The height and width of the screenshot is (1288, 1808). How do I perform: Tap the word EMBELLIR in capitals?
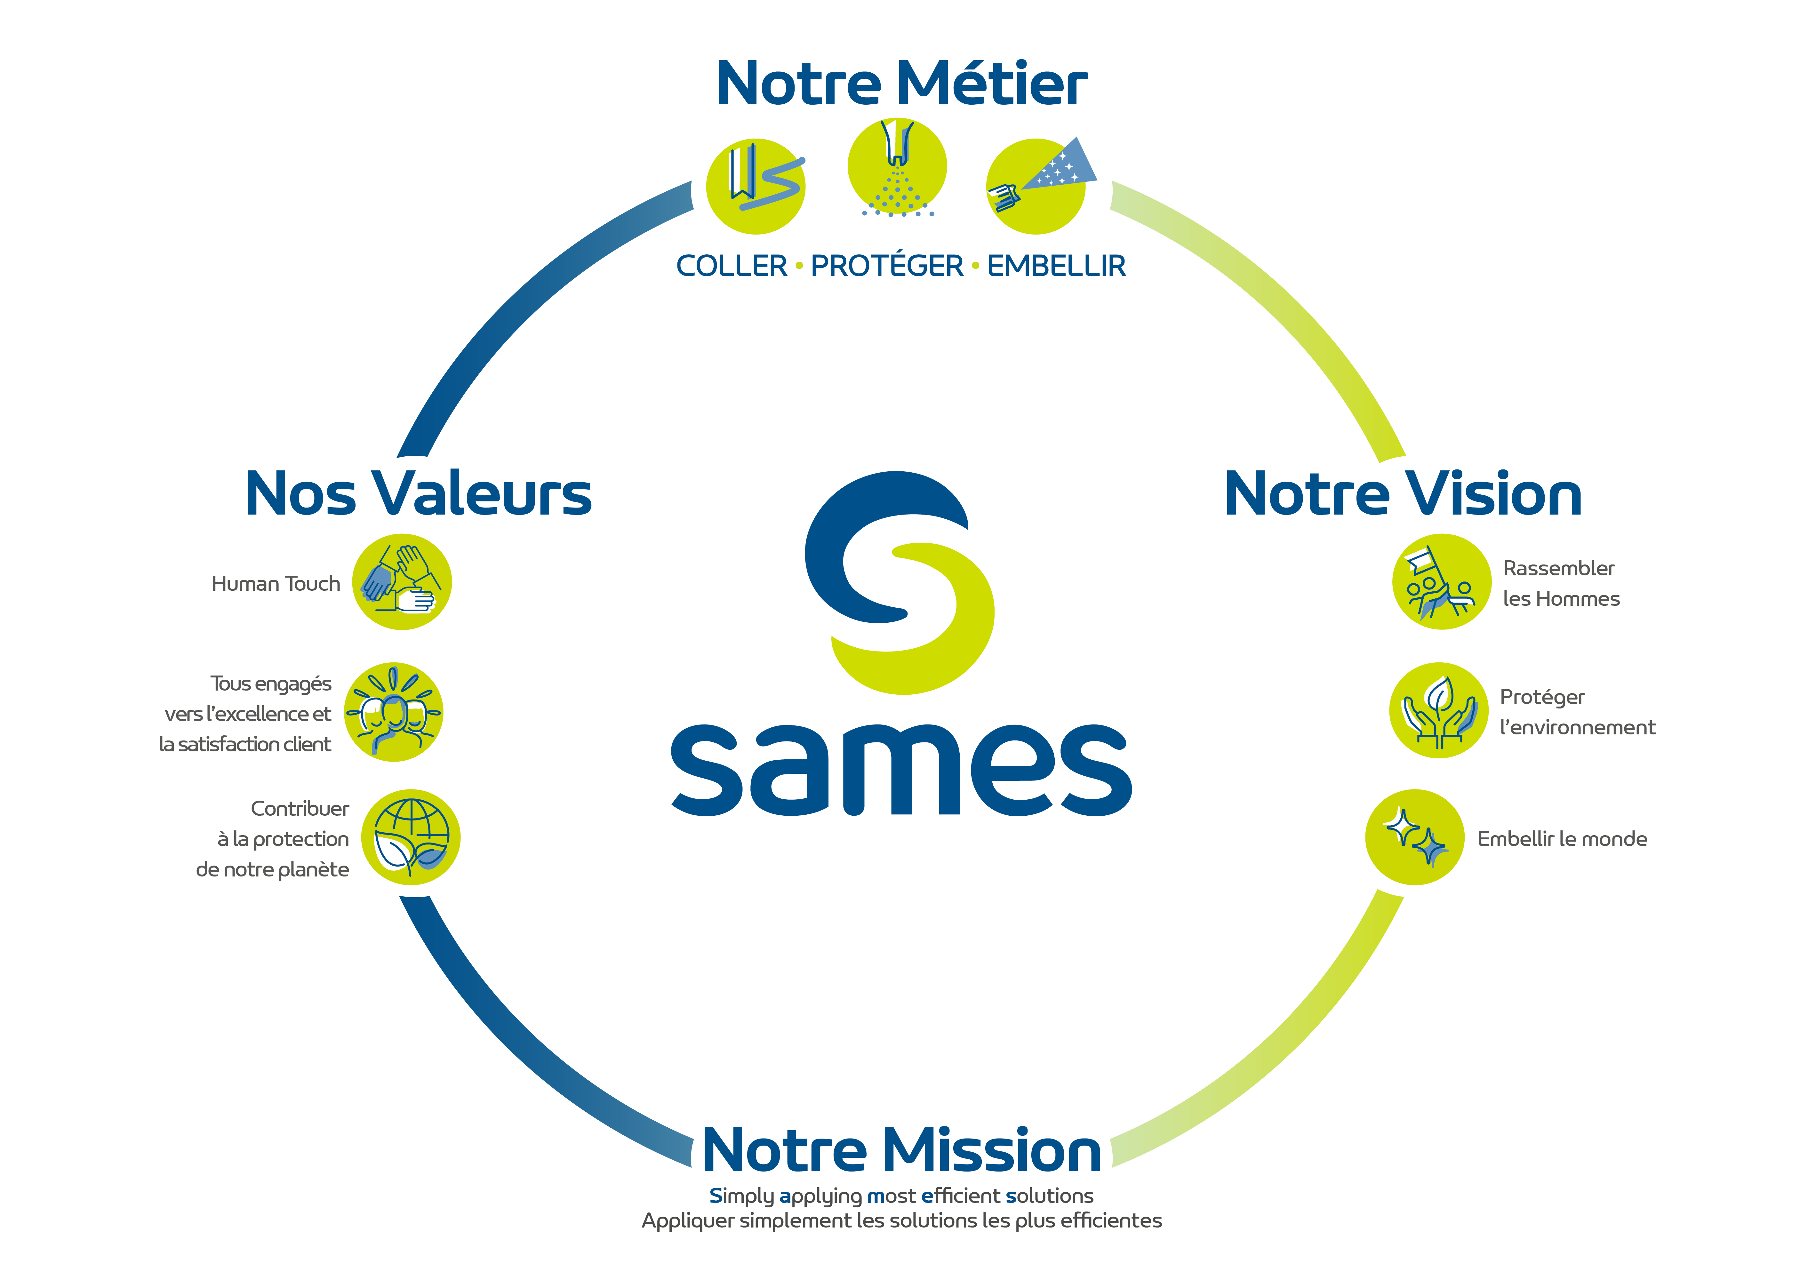coord(1056,266)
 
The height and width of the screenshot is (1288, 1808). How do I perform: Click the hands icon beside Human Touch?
coord(402,581)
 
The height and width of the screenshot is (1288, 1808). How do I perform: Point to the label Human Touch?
coord(275,584)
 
